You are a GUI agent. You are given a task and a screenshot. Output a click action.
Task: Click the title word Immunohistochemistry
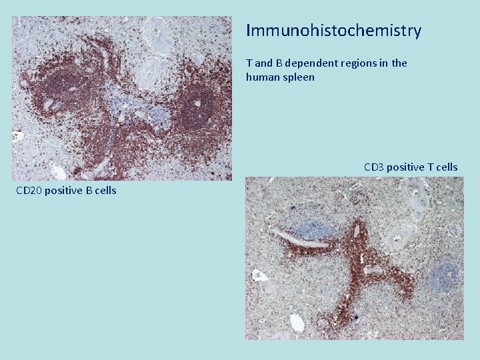pyautogui.click(x=333, y=31)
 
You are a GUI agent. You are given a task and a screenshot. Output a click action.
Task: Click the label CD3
pyautogui.click(x=373, y=167)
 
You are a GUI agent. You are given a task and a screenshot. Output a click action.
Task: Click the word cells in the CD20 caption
pyautogui.click(x=105, y=191)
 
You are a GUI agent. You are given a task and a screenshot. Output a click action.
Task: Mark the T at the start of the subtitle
pyautogui.click(x=249, y=63)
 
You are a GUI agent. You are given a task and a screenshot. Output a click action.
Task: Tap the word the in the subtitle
pyautogui.click(x=399, y=63)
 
